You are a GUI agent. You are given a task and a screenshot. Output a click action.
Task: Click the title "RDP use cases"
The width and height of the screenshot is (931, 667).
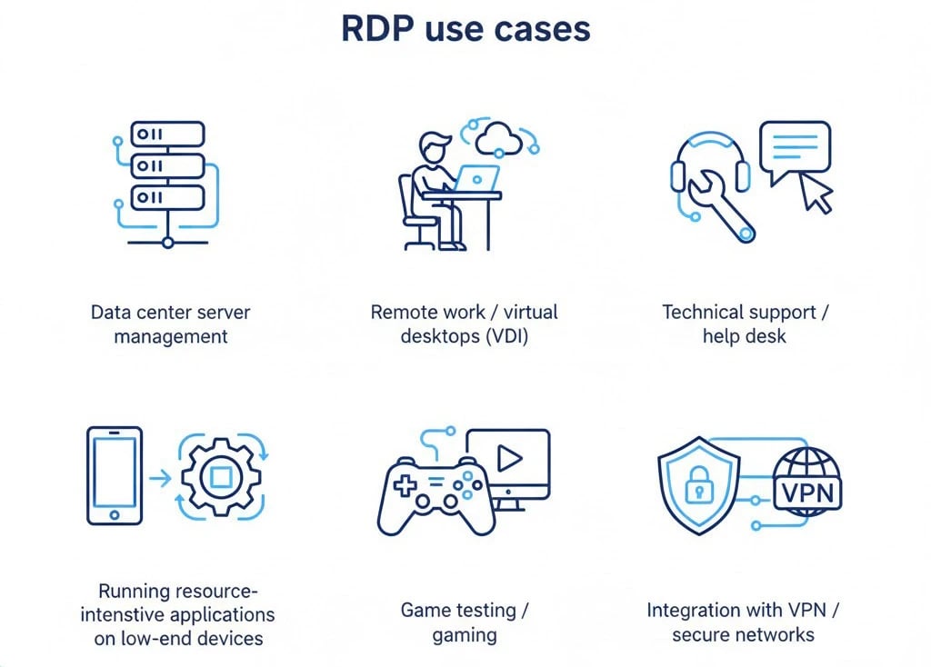[x=465, y=28]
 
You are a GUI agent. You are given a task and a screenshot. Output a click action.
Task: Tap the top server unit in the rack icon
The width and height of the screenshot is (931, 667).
[x=167, y=134]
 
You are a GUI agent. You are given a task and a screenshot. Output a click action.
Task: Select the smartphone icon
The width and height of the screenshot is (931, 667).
[x=114, y=474]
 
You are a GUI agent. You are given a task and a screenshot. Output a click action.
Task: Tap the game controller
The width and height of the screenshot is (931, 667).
[x=435, y=495]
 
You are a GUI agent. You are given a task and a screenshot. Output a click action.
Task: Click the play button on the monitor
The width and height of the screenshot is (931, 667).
[x=511, y=459]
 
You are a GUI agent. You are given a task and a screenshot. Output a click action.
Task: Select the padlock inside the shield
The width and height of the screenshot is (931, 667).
[x=698, y=486]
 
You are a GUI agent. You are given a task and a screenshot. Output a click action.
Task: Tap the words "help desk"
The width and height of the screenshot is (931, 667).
[x=744, y=336]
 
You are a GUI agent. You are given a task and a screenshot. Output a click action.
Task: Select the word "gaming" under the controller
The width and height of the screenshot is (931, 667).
[x=465, y=634]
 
